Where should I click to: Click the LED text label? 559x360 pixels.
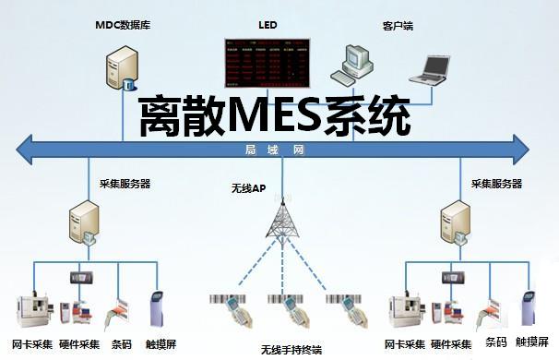pyautogui.click(x=268, y=21)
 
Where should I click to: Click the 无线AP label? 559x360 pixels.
pyautogui.click(x=249, y=189)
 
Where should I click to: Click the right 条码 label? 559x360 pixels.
pyautogui.click(x=496, y=342)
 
